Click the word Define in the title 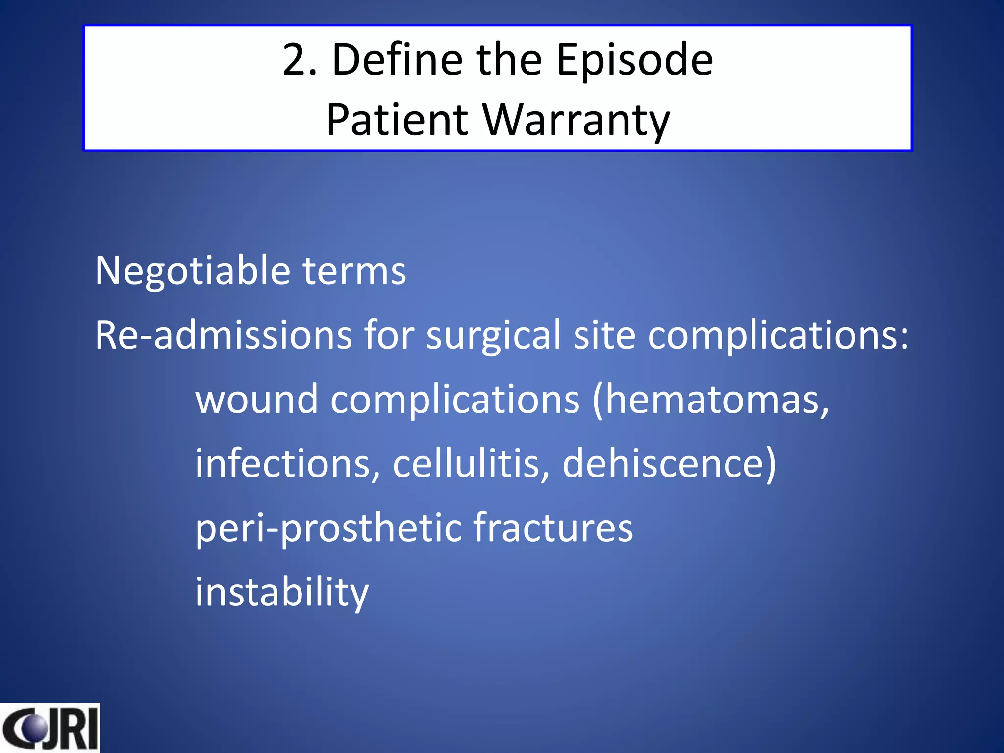tap(397, 60)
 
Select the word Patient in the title tap(397, 120)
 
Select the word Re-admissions tap(223, 336)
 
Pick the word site tap(604, 336)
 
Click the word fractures tap(553, 528)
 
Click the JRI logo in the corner tap(50, 728)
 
